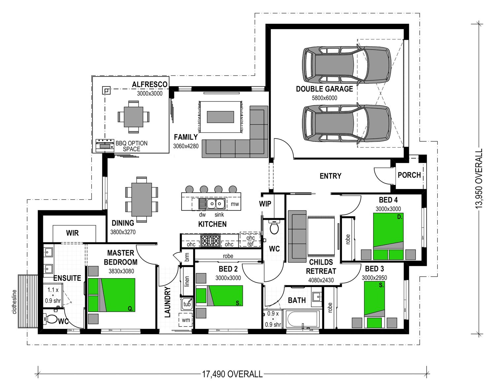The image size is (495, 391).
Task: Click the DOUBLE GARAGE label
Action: pyautogui.click(x=324, y=89)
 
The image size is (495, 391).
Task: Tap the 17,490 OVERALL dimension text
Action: pyautogui.click(x=232, y=374)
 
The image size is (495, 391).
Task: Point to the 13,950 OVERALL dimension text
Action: pyautogui.click(x=479, y=179)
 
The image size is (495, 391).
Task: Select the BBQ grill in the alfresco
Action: pyautogui.click(x=105, y=146)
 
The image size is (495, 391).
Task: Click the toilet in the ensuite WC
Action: pyautogui.click(x=50, y=319)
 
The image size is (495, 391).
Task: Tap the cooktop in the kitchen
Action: pyautogui.click(x=210, y=241)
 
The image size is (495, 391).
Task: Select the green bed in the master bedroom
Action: pyautogui.click(x=112, y=295)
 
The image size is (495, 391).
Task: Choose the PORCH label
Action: pyautogui.click(x=409, y=175)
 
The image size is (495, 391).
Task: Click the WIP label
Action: pyautogui.click(x=265, y=204)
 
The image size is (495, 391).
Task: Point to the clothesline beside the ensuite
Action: pyautogui.click(x=28, y=301)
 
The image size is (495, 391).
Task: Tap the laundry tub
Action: pyautogui.click(x=187, y=304)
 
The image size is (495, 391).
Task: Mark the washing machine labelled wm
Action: pyautogui.click(x=185, y=320)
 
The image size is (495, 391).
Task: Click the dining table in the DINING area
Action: pyautogui.click(x=142, y=199)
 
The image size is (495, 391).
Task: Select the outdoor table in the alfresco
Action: pyautogui.click(x=133, y=117)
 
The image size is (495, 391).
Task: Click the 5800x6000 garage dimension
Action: pyautogui.click(x=324, y=98)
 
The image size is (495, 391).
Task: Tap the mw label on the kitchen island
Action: pyautogui.click(x=235, y=204)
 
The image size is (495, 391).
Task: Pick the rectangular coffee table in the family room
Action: pyautogui.click(x=220, y=117)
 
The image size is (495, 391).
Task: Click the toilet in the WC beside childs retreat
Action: pyautogui.click(x=274, y=227)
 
